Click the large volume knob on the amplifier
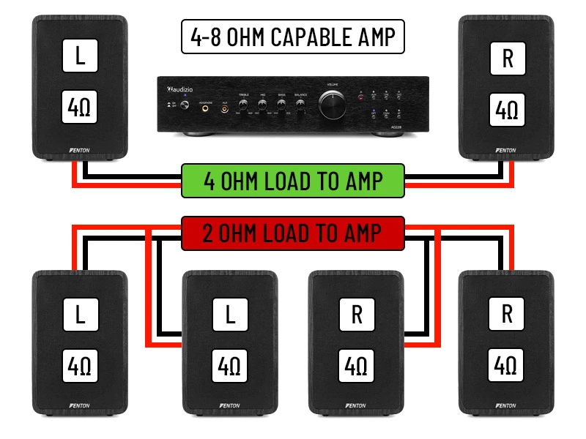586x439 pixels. (333, 105)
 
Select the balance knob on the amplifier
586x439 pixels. (300, 105)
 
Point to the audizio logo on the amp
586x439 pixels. (179, 89)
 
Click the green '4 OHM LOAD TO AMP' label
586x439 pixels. (293, 180)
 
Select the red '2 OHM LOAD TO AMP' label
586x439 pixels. (293, 233)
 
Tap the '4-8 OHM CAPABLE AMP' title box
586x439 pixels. (293, 37)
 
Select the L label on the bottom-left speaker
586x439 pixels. (81, 315)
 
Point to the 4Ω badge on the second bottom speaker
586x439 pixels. (230, 364)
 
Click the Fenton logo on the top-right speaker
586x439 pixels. (505, 151)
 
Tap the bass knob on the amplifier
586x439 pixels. (281, 105)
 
